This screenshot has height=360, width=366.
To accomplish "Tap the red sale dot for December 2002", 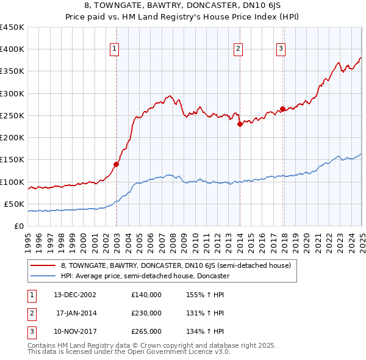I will click(116, 164).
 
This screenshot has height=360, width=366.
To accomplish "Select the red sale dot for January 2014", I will click(240, 124).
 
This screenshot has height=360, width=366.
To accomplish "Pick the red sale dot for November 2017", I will click(282, 109).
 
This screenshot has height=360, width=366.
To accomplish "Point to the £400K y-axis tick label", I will click(12, 49).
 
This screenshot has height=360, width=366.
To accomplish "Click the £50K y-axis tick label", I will click(15, 204).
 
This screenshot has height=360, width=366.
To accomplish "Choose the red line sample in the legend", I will click(43, 266).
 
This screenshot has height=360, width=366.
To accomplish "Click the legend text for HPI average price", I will click(145, 276).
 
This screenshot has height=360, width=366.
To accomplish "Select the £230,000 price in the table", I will click(146, 313).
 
